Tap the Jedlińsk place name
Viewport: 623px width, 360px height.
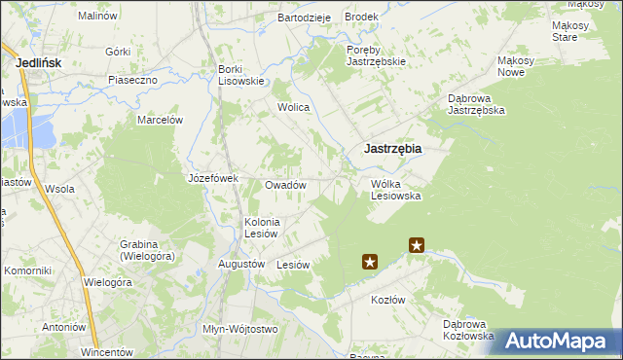[40, 62]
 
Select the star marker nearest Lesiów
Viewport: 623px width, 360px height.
[370, 261]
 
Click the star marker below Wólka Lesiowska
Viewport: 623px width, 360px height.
[417, 245]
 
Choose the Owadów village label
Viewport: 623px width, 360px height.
[286, 185]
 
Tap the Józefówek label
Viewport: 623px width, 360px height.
[213, 178]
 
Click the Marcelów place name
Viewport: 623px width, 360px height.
[161, 120]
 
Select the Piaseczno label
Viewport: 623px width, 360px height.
[133, 80]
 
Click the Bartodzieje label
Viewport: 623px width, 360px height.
[305, 18]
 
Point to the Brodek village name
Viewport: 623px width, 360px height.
[361, 18]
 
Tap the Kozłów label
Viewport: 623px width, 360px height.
[387, 300]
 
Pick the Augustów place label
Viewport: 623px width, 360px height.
[241, 264]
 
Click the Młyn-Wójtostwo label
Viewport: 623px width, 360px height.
[239, 329]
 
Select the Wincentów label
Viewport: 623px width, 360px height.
[105, 350]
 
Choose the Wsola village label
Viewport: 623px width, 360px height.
[59, 189]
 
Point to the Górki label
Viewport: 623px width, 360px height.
[118, 51]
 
